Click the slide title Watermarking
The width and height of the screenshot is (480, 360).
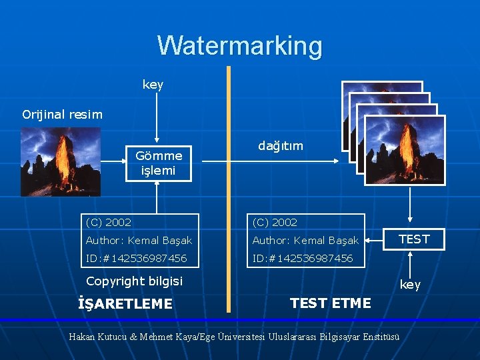240,46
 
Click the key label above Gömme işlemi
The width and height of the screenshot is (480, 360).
153,85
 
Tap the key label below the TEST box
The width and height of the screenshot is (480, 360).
410,285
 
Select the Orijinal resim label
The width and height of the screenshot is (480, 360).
63,114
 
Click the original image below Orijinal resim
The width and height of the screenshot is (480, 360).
61,161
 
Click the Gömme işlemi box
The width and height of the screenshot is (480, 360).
159,163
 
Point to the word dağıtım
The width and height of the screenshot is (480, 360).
280,145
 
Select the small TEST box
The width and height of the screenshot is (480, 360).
414,239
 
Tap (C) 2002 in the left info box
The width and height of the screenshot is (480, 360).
109,222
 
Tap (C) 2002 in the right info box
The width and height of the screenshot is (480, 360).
275,222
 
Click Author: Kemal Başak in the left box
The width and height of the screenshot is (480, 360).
139,240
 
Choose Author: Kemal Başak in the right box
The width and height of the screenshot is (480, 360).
305,240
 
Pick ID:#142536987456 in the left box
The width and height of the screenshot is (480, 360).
136,258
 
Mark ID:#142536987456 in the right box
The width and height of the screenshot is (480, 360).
303,258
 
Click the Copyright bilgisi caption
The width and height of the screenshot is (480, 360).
134,281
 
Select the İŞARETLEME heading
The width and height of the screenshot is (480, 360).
125,304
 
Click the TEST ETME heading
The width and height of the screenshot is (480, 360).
331,303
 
